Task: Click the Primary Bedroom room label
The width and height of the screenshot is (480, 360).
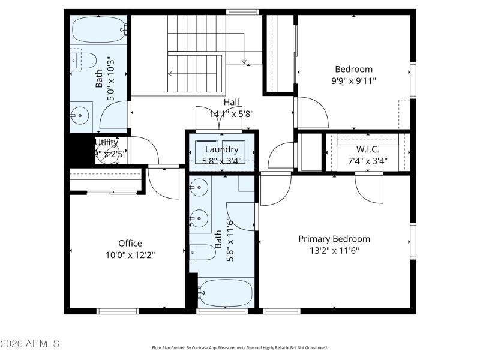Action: [334, 239]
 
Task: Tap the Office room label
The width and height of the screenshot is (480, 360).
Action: [130, 243]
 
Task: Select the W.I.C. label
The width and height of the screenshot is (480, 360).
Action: [367, 149]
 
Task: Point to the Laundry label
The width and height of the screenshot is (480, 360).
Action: [221, 149]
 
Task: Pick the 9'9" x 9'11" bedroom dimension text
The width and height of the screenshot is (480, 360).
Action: [354, 80]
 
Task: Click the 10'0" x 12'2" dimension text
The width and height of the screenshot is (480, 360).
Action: [130, 254]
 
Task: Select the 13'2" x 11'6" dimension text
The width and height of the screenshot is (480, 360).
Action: [334, 250]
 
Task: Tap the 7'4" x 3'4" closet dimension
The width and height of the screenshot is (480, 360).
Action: [367, 160]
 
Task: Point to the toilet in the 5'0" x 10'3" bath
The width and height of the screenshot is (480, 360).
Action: [85, 61]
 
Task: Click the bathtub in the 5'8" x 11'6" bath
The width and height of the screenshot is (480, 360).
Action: [225, 293]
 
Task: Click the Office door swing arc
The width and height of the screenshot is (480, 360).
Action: [163, 184]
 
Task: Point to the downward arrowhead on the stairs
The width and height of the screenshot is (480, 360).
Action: [244, 61]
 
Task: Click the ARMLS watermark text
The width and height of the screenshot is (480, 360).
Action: [30, 344]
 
